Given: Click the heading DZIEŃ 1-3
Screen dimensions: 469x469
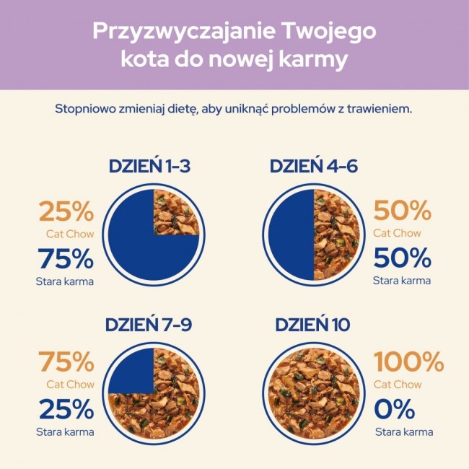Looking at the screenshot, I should click(x=149, y=167).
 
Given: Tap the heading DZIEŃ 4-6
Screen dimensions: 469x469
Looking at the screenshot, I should click(x=314, y=167).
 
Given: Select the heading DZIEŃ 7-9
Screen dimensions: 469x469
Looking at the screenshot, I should click(x=149, y=325).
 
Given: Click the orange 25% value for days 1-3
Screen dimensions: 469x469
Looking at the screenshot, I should click(x=66, y=211).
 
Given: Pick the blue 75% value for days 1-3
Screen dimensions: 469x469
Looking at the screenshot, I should click(x=66, y=258).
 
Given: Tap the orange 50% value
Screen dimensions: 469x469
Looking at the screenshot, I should click(x=402, y=211).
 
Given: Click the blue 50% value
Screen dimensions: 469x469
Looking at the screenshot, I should click(x=402, y=258).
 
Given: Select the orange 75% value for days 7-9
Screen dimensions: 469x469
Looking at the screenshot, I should click(x=66, y=361).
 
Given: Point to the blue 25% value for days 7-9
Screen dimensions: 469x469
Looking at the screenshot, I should click(x=66, y=409).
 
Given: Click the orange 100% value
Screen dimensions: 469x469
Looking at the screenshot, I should click(x=408, y=361).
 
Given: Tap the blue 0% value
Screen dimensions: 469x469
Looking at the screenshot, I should click(x=394, y=409).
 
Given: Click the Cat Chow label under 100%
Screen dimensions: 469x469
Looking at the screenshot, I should click(x=398, y=385).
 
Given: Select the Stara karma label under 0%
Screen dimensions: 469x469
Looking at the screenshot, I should click(x=403, y=432).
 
